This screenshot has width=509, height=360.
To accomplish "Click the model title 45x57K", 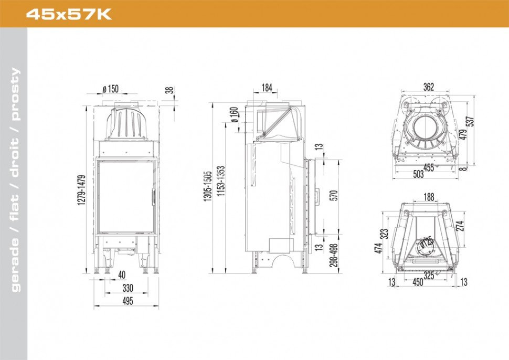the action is click(x=69, y=14).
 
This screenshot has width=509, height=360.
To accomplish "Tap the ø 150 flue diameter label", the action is click(x=111, y=89).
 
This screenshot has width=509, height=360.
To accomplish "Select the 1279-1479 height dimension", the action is click(x=81, y=190).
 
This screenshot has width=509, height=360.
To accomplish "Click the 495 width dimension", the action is click(x=128, y=301).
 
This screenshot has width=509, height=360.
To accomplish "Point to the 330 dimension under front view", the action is click(x=128, y=288).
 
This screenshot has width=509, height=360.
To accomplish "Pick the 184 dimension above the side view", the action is click(x=267, y=88).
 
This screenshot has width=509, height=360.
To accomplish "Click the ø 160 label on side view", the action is click(x=234, y=114).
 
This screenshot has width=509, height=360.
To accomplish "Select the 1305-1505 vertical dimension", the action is click(x=207, y=186).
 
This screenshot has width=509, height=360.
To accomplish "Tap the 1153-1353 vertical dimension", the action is click(x=221, y=181).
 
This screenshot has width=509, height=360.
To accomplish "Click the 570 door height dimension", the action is click(x=334, y=195).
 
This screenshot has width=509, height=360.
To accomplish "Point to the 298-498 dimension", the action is click(x=334, y=255).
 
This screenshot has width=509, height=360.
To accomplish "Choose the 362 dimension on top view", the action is click(x=429, y=87).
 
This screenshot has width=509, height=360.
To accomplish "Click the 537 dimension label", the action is click(x=471, y=121).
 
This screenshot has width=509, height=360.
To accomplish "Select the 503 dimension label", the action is click(x=418, y=174).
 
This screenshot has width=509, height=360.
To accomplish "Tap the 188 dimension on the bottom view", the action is click(x=429, y=197).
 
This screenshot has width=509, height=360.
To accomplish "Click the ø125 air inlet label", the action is click(x=427, y=242).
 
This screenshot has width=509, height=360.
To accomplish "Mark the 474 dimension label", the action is click(x=378, y=248).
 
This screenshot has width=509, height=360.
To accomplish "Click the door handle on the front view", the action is click(x=153, y=197).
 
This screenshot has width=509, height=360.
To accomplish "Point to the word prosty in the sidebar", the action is click(x=15, y=94).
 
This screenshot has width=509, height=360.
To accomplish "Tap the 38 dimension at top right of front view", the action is click(x=169, y=90).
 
